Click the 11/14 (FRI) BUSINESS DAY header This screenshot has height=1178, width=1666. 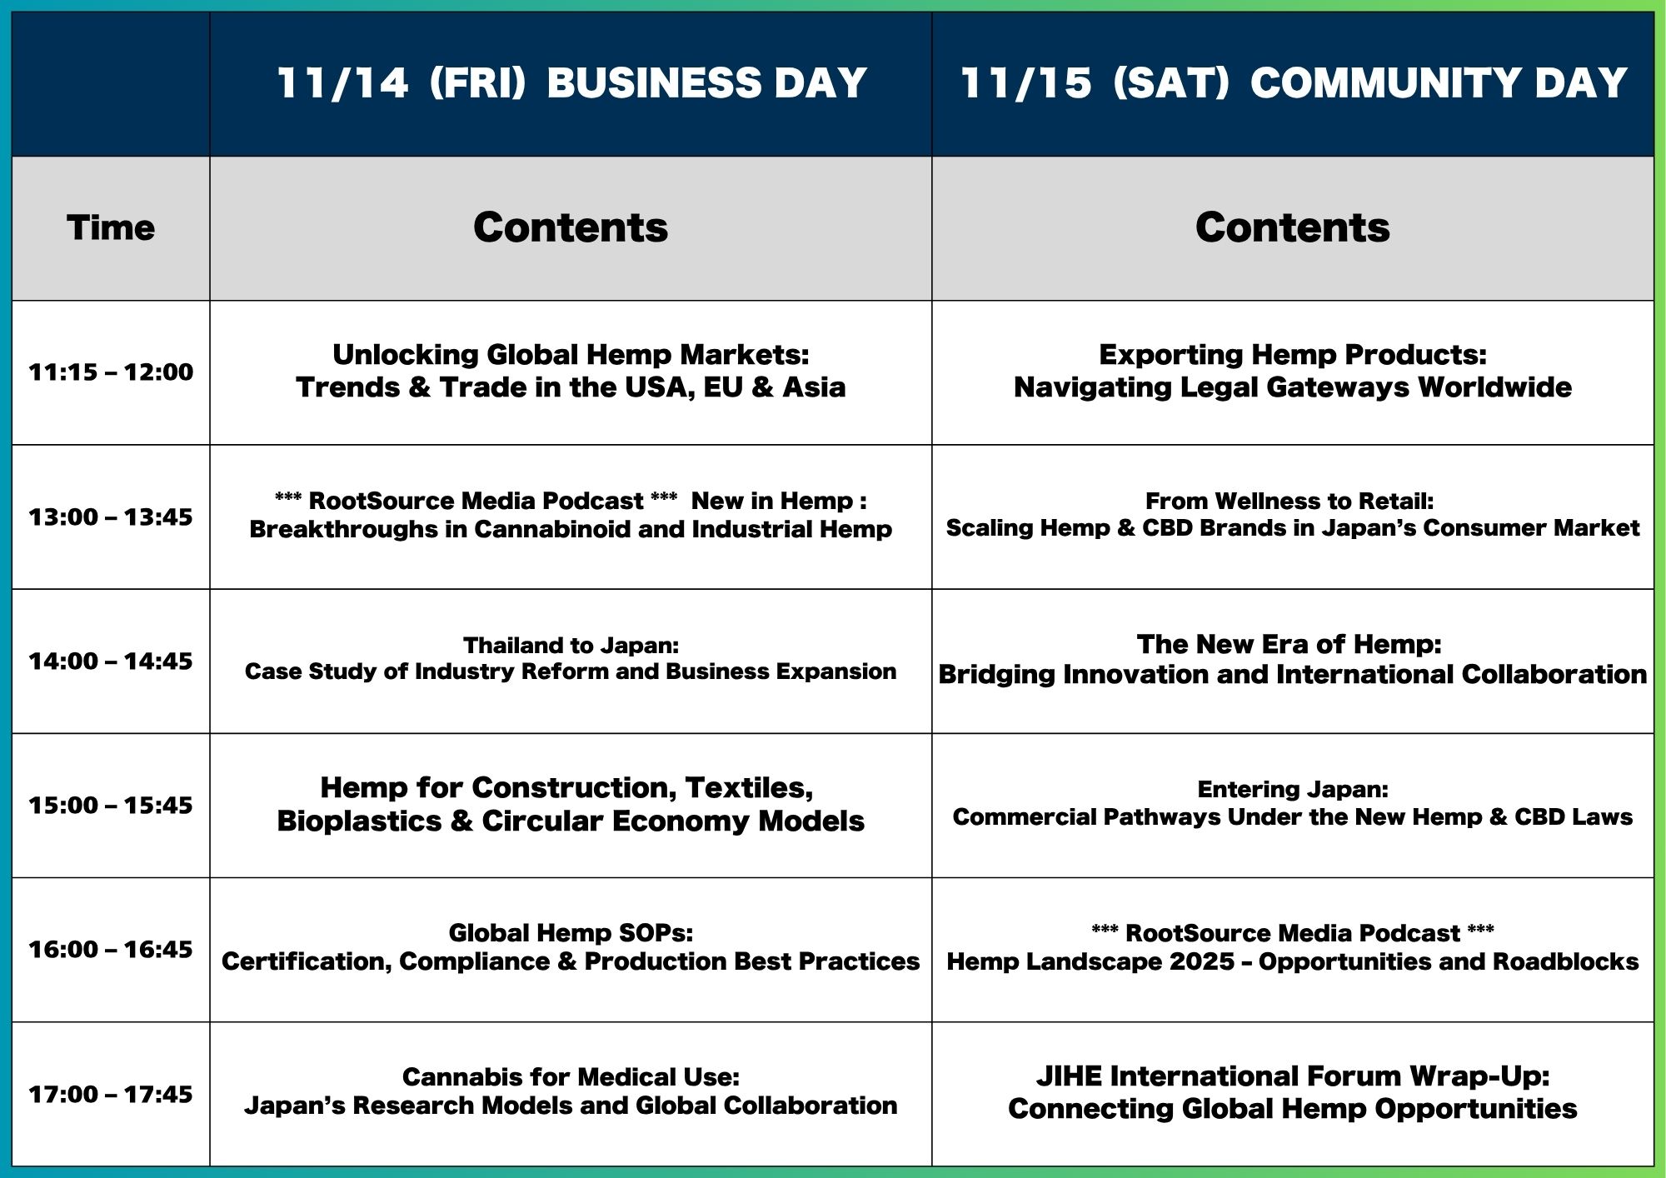pyautogui.click(x=571, y=83)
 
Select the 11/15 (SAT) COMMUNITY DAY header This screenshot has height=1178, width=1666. pyautogui.click(x=1293, y=83)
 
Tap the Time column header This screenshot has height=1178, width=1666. pyautogui.click(x=111, y=227)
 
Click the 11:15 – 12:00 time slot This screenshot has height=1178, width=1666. pyautogui.click(x=111, y=372)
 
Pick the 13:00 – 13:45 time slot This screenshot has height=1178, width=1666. pyautogui.click(x=111, y=517)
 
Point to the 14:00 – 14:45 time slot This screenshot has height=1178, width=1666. pyautogui.click(x=111, y=661)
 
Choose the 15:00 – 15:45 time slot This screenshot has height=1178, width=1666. pyautogui.click(x=111, y=805)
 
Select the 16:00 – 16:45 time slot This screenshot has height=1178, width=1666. pyautogui.click(x=111, y=949)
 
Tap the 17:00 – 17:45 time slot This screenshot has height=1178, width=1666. pyautogui.click(x=111, y=1094)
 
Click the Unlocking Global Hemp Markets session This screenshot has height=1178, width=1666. pyautogui.click(x=571, y=371)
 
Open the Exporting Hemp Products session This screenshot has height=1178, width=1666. pyautogui.click(x=1293, y=371)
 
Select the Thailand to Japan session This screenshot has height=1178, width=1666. pyautogui.click(x=571, y=658)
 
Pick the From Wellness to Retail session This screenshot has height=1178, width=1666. pyautogui.click(x=1293, y=514)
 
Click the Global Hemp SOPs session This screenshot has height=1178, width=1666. pyautogui.click(x=571, y=947)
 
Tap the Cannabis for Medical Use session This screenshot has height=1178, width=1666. pyautogui.click(x=571, y=1091)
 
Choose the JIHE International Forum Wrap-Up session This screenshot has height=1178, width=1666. pyautogui.click(x=1293, y=1092)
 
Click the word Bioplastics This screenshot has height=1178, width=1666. pyautogui.click(x=359, y=821)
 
